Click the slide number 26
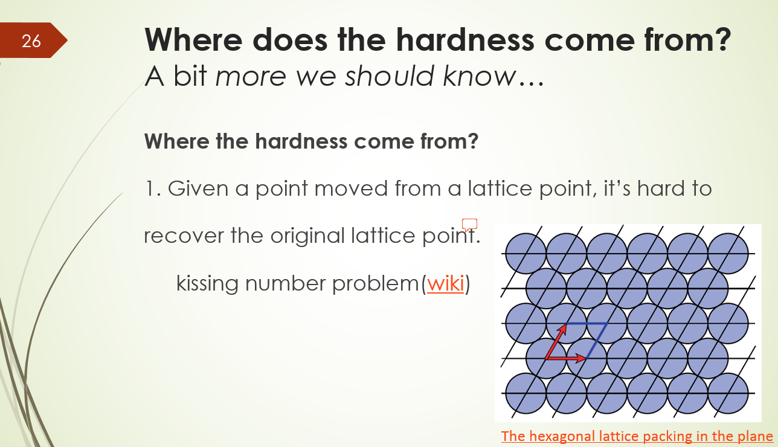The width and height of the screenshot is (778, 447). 31,40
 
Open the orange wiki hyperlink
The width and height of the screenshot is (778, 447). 445,283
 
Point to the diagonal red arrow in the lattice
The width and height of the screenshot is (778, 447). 556,341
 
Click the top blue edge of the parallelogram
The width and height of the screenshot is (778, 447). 586,324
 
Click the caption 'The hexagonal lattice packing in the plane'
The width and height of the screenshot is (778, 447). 637,436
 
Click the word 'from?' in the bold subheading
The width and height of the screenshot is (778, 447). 447,141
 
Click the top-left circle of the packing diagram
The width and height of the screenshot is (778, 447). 525,252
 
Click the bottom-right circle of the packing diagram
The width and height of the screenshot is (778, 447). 728,393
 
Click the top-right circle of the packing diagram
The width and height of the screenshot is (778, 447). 728,252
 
